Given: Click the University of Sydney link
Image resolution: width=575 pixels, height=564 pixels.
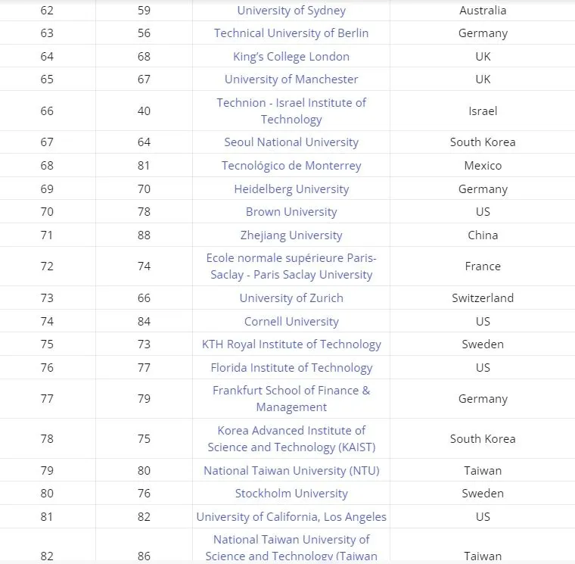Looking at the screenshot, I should point(291,11).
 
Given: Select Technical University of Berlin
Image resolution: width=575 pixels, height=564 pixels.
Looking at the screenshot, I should point(291,33).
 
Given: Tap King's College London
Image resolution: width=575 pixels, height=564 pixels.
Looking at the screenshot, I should point(291,57).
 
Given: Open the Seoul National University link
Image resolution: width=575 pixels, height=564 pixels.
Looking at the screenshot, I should point(291,142).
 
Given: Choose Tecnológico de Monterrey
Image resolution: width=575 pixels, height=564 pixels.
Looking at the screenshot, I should point(291,166).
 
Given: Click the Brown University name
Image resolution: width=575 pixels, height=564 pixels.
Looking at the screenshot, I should point(291,212).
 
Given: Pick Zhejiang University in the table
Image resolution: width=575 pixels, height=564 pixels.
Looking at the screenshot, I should point(291,235).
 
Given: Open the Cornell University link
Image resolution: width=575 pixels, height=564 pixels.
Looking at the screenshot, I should point(291,322).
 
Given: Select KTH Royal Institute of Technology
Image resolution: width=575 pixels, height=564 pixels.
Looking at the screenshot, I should point(291,344).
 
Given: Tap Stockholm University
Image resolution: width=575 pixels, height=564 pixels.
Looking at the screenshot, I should point(291,494).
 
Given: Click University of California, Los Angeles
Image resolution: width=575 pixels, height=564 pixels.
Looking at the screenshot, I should point(291,517).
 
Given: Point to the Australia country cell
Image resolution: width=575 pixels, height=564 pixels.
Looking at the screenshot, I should point(483,11).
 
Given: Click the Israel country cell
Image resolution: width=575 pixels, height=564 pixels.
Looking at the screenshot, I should point(483,111).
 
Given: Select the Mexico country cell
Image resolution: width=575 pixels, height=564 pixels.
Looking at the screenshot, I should point(483,166).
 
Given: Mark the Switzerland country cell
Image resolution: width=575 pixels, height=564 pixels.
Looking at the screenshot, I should point(483,298).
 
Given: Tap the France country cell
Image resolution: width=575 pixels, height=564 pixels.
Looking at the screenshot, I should point(483,266).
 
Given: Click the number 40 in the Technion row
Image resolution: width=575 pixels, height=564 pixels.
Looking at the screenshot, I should point(144,111).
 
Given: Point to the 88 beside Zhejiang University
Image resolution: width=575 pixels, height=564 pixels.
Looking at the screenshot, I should point(144,235).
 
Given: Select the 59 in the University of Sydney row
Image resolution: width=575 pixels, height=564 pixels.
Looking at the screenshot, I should point(144,11).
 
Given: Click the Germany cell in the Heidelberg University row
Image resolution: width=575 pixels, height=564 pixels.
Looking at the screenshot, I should point(483,189).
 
